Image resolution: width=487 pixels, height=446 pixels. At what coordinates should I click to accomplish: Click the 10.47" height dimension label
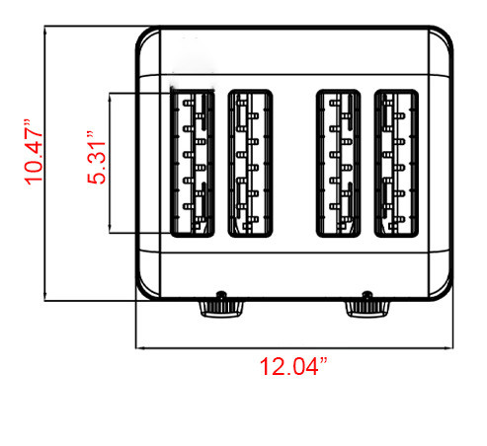34,152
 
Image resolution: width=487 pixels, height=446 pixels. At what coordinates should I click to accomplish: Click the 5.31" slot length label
96,158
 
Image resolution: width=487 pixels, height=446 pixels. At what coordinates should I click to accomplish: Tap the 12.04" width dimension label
293,366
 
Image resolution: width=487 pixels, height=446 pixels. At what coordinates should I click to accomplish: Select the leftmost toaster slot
193,163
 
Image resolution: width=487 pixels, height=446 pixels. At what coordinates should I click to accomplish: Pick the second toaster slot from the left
250,163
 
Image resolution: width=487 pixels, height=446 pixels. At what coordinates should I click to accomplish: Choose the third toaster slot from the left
338,163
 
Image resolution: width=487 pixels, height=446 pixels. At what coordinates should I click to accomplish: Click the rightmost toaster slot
396,163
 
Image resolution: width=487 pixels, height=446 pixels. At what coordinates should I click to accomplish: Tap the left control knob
221,309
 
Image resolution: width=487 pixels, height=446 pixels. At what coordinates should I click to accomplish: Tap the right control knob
367,309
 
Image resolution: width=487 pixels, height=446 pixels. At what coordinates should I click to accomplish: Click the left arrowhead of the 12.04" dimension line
137,347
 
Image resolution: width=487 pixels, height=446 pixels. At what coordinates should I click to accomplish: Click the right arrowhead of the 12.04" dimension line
451,347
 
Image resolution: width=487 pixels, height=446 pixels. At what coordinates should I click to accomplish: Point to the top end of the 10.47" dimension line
44,27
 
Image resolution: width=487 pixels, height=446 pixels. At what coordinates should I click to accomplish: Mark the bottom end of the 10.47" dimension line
44,300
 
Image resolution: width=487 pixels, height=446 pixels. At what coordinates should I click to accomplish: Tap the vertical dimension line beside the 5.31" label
110,163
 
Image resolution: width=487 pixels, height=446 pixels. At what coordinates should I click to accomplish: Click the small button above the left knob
221,294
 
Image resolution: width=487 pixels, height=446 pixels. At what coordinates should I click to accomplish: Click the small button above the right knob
366,294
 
